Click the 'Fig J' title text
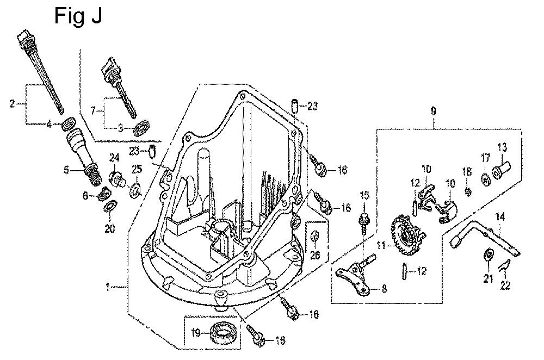78,16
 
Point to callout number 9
433,111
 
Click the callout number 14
500,217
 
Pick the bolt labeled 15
364,220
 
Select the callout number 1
108,286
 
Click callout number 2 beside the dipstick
12,103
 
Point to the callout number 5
66,170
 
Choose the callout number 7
93,111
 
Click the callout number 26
315,255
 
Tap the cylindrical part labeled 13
501,171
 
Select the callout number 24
114,158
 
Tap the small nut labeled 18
468,190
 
